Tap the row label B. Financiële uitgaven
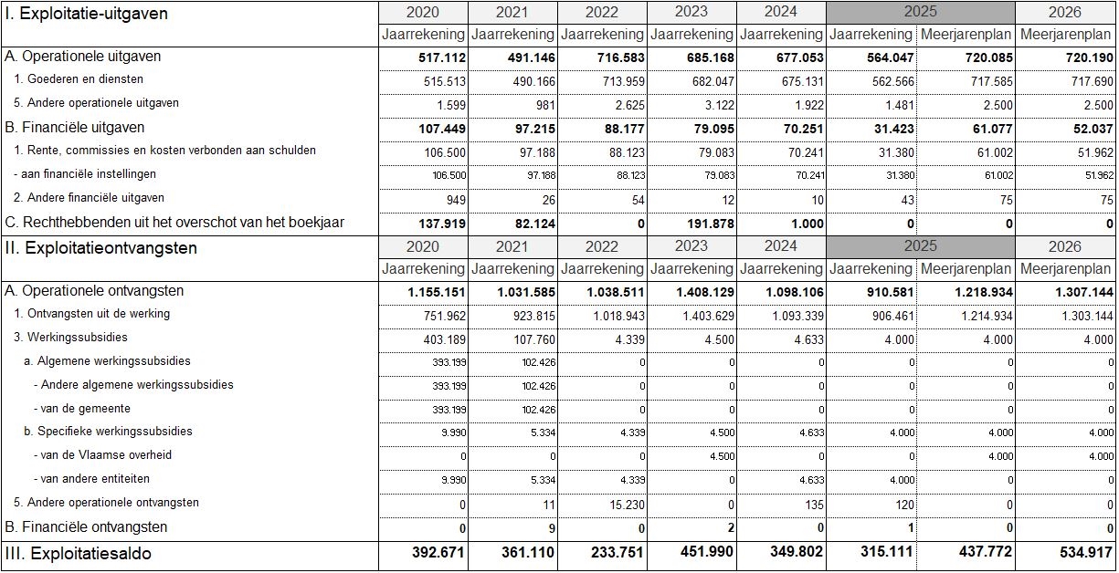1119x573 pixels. [x=75, y=128]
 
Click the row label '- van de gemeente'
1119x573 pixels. [x=82, y=409]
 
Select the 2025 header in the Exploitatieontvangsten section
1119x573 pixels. [x=920, y=246]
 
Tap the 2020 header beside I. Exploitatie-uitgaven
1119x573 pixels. [x=423, y=13]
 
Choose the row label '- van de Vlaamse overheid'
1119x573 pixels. [x=102, y=455]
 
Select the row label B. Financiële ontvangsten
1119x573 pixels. [x=86, y=527]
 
